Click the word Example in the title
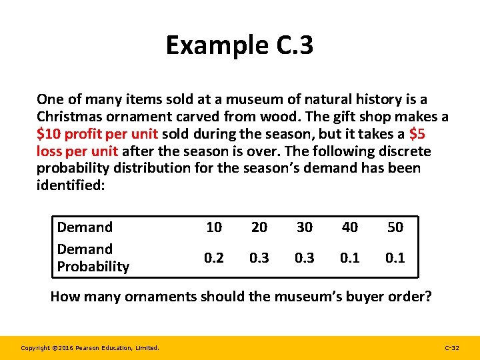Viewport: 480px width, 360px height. [x=212, y=45]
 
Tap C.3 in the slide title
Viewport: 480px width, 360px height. [x=289, y=45]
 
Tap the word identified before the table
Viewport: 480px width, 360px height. [x=70, y=185]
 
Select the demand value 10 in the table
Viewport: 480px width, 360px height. [x=214, y=227]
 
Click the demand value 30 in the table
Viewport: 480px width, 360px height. [x=305, y=227]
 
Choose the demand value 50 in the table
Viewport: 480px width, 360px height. [x=395, y=227]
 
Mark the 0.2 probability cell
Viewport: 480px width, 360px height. [x=214, y=257]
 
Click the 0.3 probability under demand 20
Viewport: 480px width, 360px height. [x=259, y=257]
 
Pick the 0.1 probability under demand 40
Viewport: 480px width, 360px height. [x=350, y=257]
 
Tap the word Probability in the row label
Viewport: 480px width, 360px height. [x=93, y=267]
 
